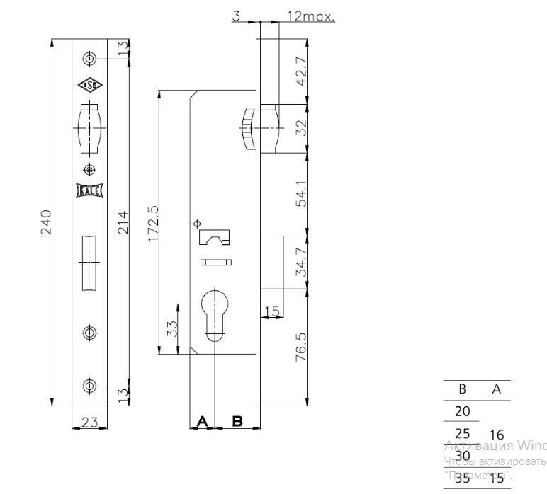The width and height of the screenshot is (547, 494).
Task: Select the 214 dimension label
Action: pos(122,223)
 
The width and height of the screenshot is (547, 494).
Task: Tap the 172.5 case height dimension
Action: pos(152,223)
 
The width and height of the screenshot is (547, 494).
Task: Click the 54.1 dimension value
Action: pos(300,193)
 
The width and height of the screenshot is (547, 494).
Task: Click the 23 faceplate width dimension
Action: pos(89,422)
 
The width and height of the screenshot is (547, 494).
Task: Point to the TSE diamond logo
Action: pos(89,86)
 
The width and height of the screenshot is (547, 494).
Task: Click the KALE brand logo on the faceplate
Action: pos(89,190)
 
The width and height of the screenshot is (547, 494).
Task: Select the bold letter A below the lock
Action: pos(202,421)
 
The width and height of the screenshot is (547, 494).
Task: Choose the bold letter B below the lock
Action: pos(237,421)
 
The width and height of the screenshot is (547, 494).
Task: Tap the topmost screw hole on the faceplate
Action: pos(89,57)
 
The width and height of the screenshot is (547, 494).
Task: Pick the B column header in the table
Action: pos(462,389)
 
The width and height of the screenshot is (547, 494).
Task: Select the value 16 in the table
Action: pos(497,435)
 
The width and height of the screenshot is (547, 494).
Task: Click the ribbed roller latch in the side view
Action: pos(248,128)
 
